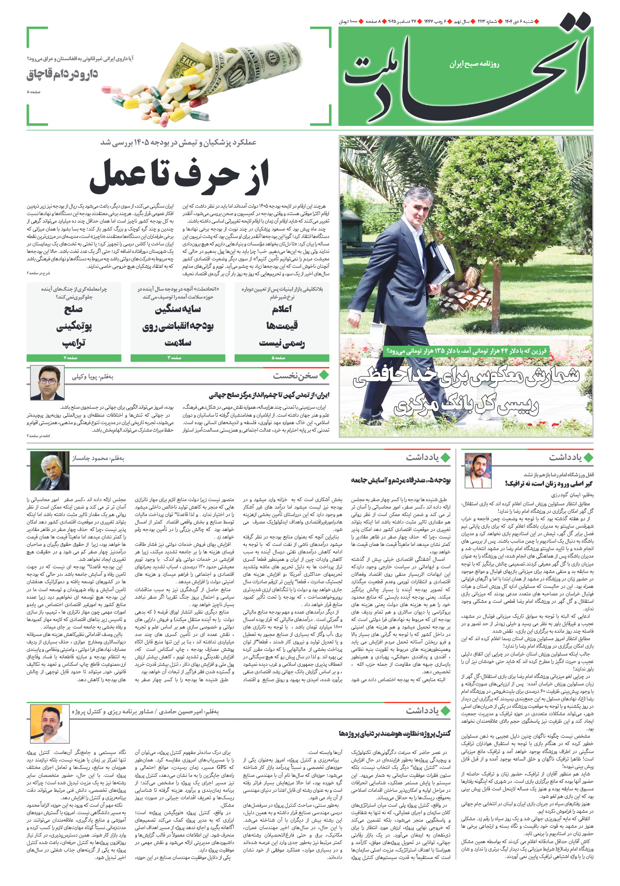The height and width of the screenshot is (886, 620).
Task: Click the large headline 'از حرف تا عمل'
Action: (x=179, y=176)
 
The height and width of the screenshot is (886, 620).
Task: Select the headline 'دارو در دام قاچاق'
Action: (x=63, y=74)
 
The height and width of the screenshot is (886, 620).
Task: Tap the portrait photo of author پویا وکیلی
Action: (x=47, y=383)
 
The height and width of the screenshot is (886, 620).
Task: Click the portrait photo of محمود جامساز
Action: (x=50, y=470)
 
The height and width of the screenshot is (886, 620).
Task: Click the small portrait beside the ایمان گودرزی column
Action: (x=478, y=471)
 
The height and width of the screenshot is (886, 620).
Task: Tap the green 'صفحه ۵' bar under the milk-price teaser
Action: (x=282, y=358)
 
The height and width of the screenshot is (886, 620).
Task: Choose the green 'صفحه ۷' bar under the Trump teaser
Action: (x=74, y=358)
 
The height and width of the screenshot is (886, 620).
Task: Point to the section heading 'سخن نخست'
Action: (x=295, y=375)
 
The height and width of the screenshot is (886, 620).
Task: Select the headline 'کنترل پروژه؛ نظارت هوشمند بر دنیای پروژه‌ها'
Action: (x=395, y=733)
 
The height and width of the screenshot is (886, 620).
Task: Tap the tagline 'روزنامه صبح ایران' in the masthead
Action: (x=474, y=64)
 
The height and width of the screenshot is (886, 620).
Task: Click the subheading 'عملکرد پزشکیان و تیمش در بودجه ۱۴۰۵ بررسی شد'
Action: (x=178, y=142)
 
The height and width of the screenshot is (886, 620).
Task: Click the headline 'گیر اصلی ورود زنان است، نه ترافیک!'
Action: (x=548, y=483)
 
